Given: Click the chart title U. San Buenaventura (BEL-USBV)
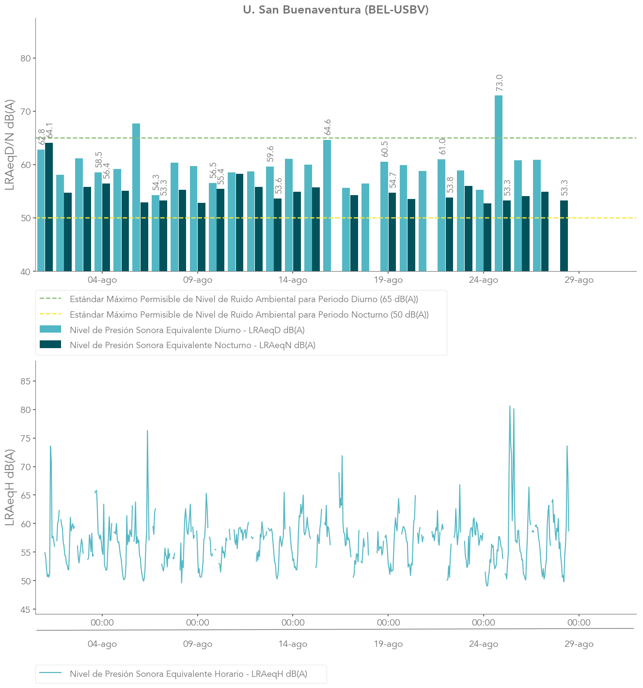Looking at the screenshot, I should point(336,10).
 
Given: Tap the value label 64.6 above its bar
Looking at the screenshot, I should point(328,127).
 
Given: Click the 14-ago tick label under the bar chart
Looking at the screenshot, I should point(293,280).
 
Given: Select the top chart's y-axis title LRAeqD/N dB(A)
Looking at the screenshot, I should point(10,145).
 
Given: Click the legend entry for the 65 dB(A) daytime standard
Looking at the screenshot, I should point(244,299).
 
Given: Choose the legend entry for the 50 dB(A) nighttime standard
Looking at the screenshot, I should point(249,315).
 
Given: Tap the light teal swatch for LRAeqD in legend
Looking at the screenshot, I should point(50,330).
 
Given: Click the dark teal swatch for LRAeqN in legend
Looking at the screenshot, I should point(50,345).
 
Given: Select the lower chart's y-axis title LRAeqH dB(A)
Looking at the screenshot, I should point(10,488).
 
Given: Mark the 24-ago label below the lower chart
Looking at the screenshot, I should point(484,644).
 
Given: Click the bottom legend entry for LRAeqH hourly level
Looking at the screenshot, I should point(188,674).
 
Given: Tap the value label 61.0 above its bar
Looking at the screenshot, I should point(442,146).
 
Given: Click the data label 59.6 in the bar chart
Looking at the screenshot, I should point(270,153).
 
